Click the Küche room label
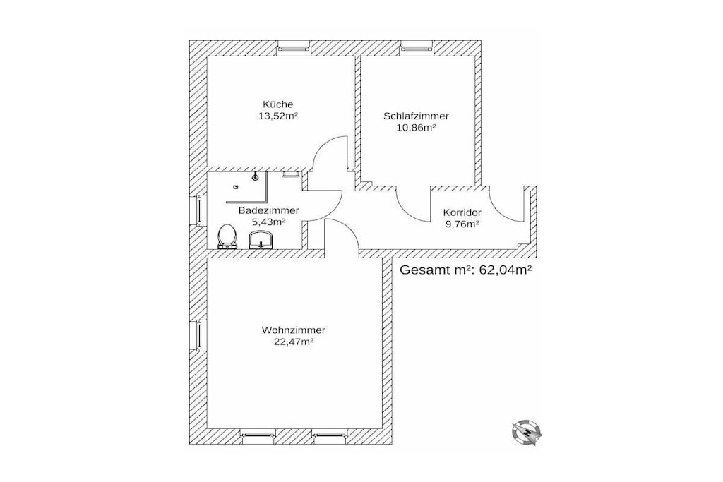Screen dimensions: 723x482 [277, 104]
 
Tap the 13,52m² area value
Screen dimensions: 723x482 [278, 116]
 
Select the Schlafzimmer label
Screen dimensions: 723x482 [416, 116]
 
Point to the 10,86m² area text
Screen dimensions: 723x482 [417, 128]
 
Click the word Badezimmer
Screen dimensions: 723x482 [268, 210]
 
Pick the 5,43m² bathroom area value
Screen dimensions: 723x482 [268, 222]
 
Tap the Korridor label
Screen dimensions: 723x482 [462, 213]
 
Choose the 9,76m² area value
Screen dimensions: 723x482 [462, 224]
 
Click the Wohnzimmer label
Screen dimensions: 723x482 [293, 330]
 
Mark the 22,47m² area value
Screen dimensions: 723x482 [294, 342]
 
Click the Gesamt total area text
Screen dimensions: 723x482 [466, 270]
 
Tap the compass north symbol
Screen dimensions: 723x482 [526, 433]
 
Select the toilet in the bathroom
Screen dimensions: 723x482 [227, 236]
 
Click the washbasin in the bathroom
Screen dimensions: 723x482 [261, 240]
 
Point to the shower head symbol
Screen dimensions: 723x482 [255, 177]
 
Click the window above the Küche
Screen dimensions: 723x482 [293, 47]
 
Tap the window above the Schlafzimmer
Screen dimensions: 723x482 [417, 47]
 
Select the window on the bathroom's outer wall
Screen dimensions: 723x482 [198, 211]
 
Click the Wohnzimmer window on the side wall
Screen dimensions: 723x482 [198, 335]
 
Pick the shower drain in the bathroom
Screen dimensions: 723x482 [236, 186]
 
